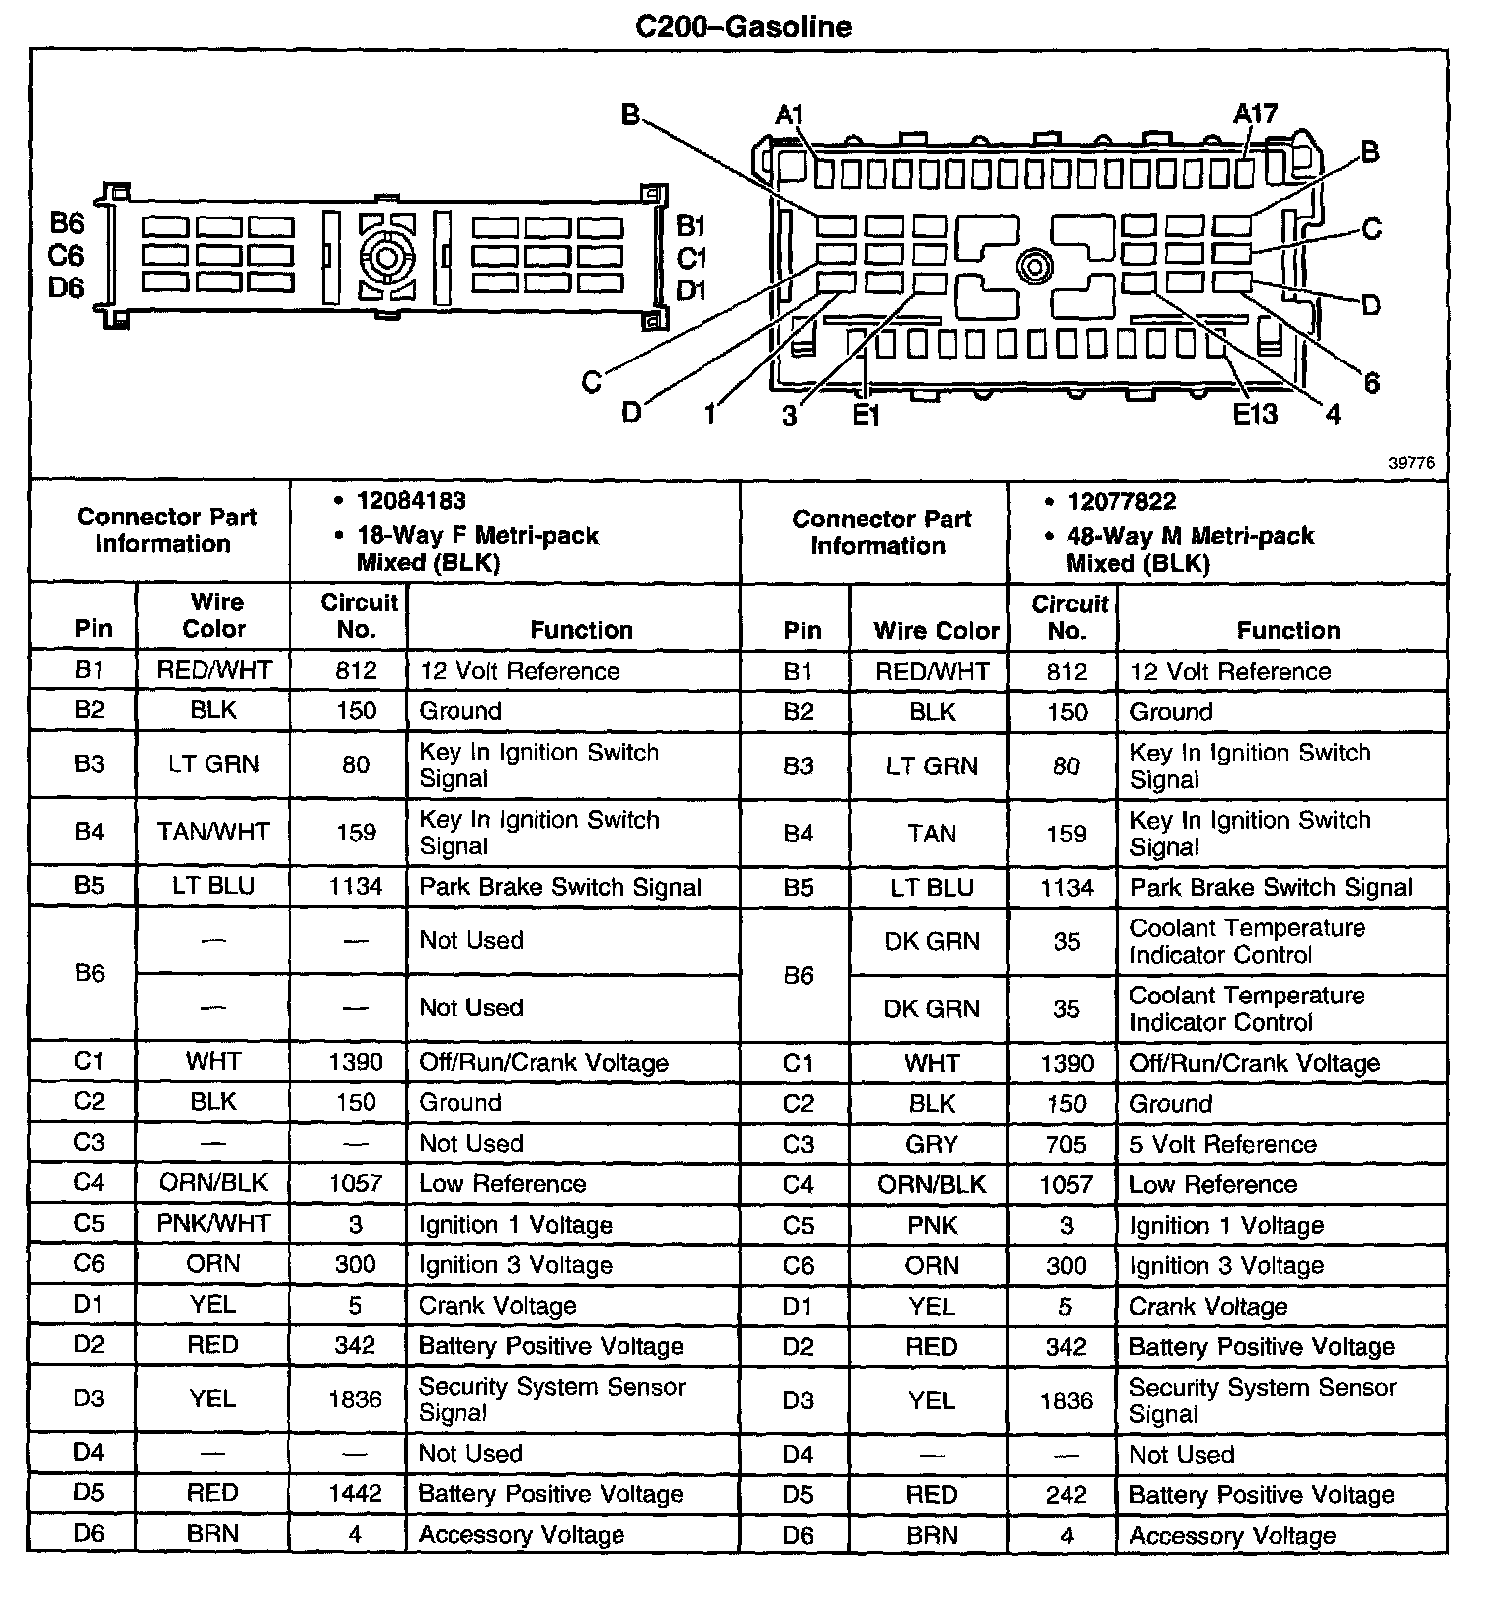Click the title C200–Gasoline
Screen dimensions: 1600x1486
[x=743, y=26]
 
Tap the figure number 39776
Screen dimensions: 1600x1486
[x=1410, y=463]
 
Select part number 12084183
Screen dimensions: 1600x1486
[x=411, y=501]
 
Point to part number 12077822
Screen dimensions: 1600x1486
[x=1121, y=502]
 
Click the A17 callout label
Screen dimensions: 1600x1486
[x=1255, y=115]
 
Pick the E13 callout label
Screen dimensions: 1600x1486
[x=1255, y=413]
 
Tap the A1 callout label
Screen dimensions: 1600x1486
[x=789, y=115]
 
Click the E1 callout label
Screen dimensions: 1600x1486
[x=867, y=415]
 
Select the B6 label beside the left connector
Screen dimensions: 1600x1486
[x=67, y=224]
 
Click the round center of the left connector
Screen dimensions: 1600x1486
[x=388, y=258]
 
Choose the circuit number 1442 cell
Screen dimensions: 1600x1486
[x=355, y=1493]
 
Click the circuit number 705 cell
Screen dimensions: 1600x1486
[x=1066, y=1144]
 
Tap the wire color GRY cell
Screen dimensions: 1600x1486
[x=932, y=1144]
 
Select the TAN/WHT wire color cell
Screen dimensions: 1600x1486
[x=213, y=832]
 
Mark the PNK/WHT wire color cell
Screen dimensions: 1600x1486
[x=213, y=1223]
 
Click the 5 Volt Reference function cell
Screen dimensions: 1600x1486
[x=1223, y=1144]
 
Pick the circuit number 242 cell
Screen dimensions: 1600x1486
[x=1066, y=1494]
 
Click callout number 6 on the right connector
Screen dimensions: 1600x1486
[x=1371, y=383]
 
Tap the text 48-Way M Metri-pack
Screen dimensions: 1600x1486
[x=1191, y=536]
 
